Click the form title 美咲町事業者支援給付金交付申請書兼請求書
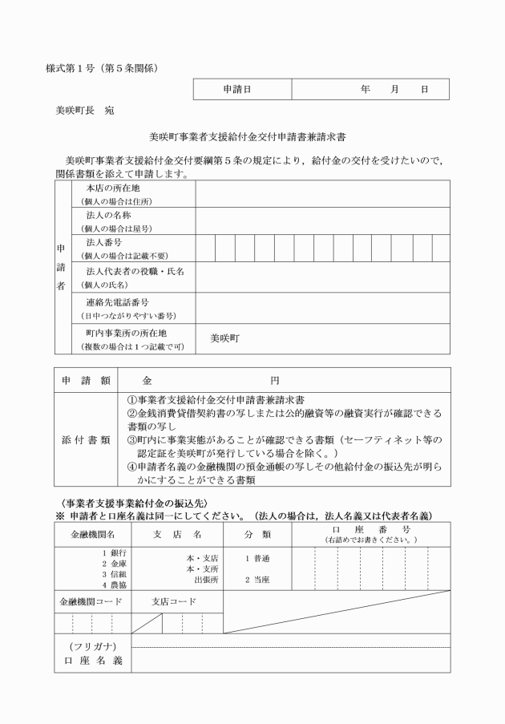252,138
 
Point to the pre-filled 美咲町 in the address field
226,338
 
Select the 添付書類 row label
86,441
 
